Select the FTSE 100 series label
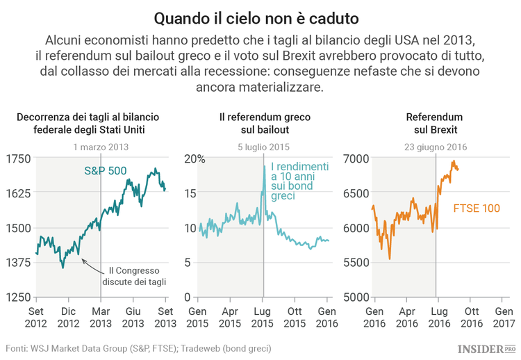(x=476, y=207)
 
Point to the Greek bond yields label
(x=299, y=181)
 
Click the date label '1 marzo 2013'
(x=101, y=147)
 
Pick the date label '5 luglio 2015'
(x=263, y=147)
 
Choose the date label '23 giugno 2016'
(x=436, y=147)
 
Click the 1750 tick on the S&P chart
(x=19, y=158)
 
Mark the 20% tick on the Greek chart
(x=195, y=158)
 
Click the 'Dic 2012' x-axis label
(x=68, y=318)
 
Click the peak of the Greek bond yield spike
(x=264, y=165)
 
